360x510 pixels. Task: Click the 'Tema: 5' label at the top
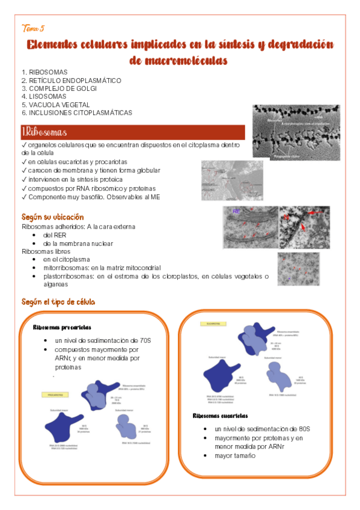tap(32, 28)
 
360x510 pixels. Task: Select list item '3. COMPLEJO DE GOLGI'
tap(59, 88)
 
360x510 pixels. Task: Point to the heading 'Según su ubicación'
tap(53, 217)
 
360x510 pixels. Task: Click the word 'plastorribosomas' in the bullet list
tap(70, 275)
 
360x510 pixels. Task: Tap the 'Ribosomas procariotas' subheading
tap(62, 328)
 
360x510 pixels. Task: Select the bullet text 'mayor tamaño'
tap(235, 455)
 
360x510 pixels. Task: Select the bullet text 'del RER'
tap(55, 235)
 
